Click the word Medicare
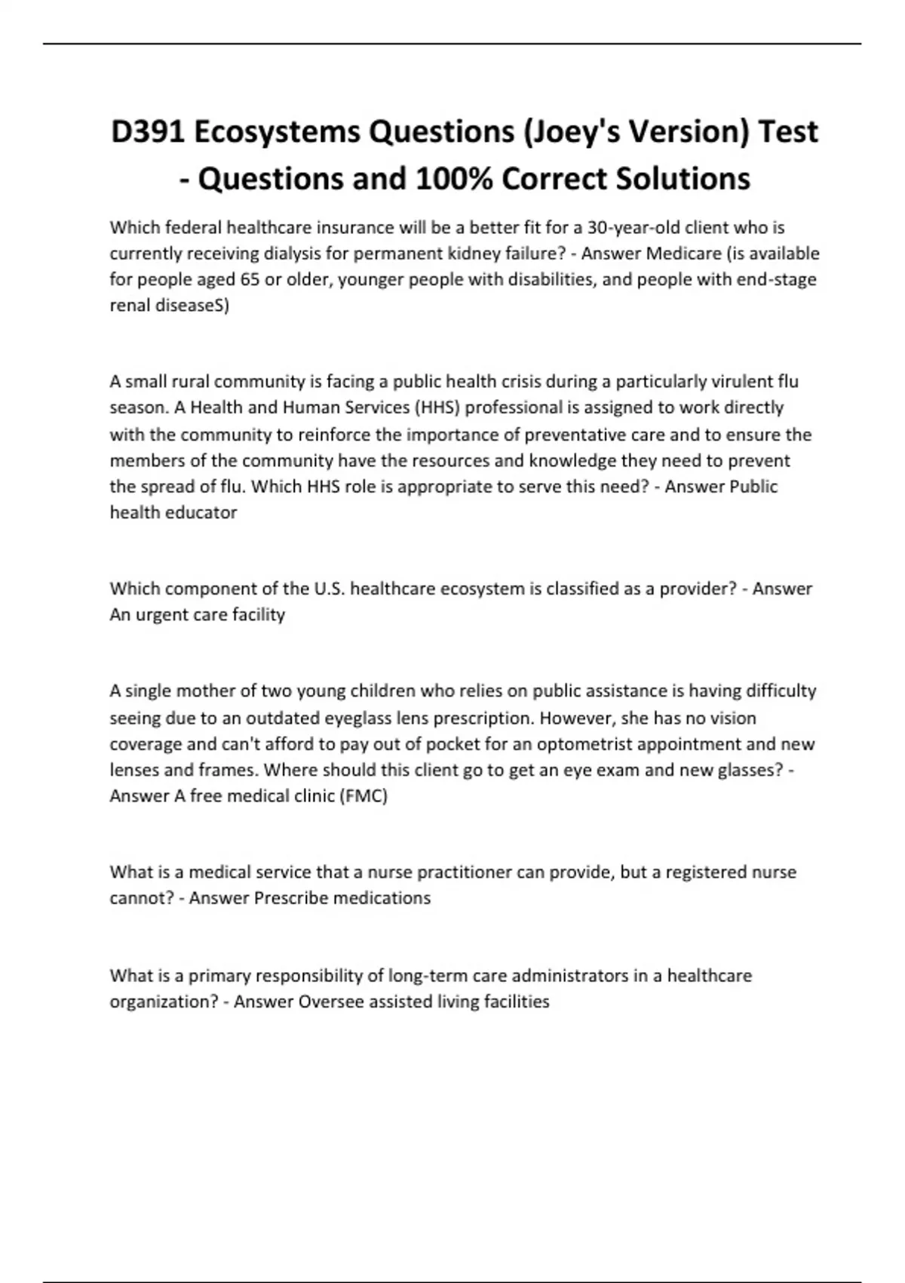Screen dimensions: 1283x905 coord(683,254)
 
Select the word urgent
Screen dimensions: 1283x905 coord(162,614)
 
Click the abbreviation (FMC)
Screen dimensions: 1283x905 coord(364,796)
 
